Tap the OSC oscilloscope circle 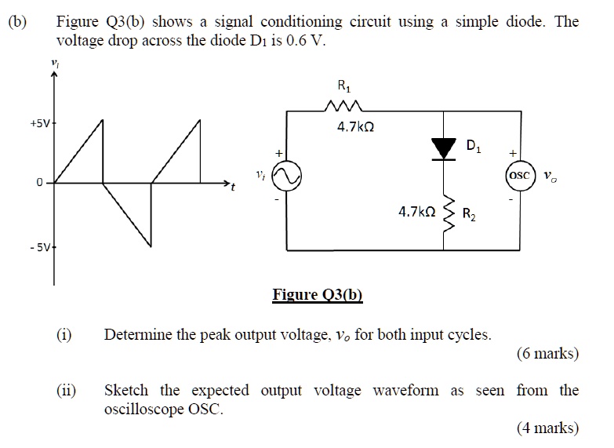point(519,175)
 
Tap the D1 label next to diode point(473,146)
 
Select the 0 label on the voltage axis point(38,183)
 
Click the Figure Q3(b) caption point(318,296)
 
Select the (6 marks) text point(547,354)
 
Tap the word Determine point(138,336)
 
